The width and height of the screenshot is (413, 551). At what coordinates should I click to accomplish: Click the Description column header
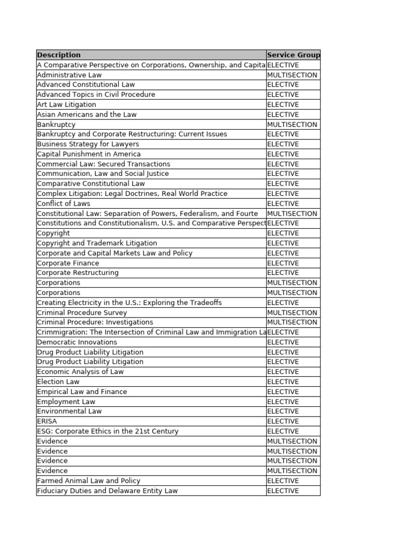59,55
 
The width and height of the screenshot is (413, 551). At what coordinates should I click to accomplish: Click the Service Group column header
293,55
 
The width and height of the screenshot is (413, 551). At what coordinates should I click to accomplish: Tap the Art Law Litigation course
67,104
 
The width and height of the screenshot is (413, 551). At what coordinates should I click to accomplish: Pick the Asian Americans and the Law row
87,115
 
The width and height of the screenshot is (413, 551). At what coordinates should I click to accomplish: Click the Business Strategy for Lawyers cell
88,144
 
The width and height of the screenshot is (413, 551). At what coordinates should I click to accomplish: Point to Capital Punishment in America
89,154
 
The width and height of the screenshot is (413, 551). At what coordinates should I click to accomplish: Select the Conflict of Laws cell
63,203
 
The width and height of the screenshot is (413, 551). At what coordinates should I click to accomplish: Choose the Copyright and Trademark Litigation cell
97,243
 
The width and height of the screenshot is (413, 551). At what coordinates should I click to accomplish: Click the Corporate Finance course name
68,263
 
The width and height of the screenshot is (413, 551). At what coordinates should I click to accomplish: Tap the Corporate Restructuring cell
77,273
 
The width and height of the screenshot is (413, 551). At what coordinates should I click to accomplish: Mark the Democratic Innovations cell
76,342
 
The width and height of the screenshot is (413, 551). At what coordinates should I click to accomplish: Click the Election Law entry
58,382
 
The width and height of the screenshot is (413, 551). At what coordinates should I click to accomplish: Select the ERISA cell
47,421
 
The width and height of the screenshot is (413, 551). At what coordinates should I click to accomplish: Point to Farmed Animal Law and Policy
88,481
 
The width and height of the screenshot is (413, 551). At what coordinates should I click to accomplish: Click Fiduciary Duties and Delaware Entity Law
107,491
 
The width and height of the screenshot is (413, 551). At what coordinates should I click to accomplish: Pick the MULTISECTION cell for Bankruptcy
292,124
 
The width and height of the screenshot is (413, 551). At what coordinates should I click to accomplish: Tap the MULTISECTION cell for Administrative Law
292,75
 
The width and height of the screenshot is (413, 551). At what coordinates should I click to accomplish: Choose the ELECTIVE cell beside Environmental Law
283,411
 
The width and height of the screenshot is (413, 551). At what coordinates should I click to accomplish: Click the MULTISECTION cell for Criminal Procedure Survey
292,313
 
